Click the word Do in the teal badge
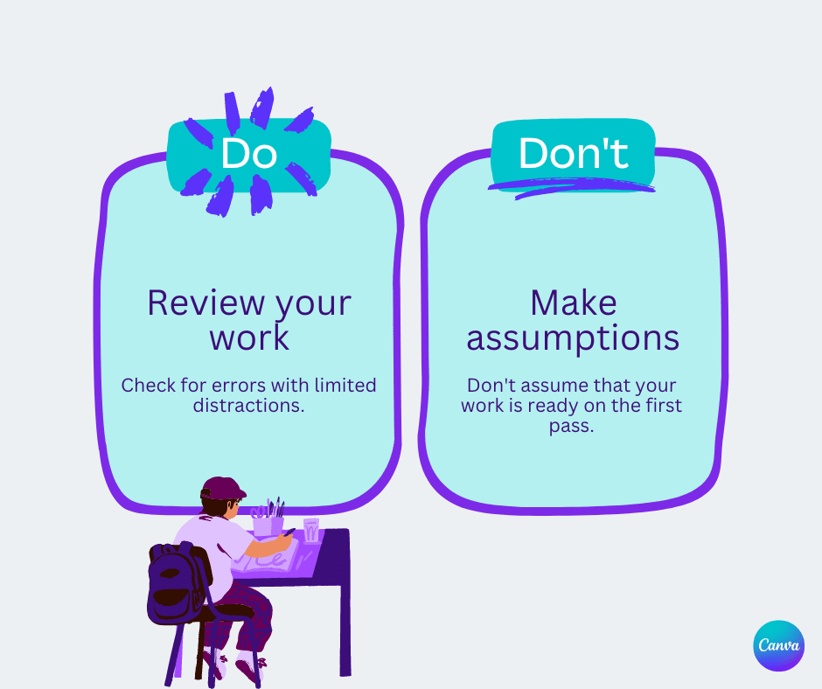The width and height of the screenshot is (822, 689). click(249, 154)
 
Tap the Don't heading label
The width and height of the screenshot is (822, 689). click(573, 154)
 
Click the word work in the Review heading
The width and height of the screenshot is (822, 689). click(249, 338)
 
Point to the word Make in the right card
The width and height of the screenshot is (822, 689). click(573, 303)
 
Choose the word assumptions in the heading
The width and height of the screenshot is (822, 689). click(573, 338)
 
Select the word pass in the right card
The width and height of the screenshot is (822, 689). click(574, 428)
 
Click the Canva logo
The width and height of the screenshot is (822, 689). click(778, 646)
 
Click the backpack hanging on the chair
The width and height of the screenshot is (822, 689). click(175, 581)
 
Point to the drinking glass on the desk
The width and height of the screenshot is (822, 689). click(311, 530)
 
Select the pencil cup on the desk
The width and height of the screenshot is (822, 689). click(264, 525)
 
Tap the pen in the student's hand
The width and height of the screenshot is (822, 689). click(289, 532)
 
